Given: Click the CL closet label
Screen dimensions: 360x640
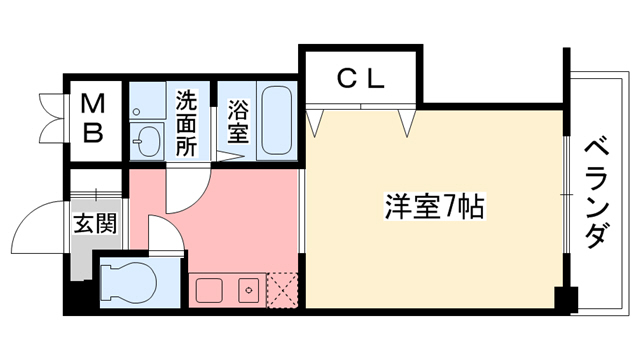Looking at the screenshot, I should click(x=360, y=79).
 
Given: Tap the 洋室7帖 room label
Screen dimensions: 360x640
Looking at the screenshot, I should click(x=435, y=208).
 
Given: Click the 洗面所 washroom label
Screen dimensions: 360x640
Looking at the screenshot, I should click(x=186, y=123).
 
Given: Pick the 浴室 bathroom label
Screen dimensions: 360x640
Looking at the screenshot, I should click(x=237, y=121).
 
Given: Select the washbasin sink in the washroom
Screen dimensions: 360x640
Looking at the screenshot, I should click(x=147, y=140).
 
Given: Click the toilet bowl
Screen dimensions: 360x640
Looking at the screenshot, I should click(x=130, y=282).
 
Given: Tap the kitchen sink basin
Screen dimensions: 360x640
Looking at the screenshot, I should click(x=209, y=292).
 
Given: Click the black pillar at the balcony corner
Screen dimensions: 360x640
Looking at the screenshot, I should click(x=567, y=299).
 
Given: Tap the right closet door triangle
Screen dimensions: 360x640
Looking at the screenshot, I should click(x=406, y=122).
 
